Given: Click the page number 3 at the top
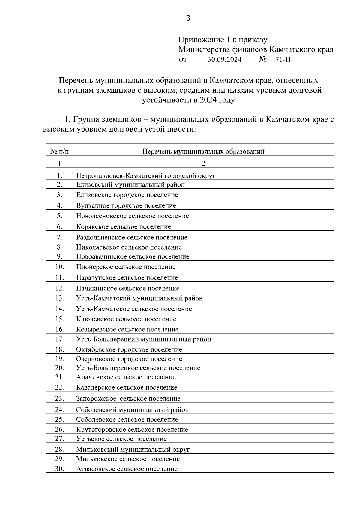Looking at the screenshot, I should tap(188, 19).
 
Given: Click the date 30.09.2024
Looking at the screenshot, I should tap(224, 60).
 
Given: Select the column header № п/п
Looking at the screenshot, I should tap(59, 151).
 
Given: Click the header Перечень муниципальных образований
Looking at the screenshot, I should tap(203, 151).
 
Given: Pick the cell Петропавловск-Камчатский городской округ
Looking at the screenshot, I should tap(146, 176).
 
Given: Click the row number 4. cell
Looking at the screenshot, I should tap(59, 205).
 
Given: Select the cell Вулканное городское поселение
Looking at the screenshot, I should tap(126, 206).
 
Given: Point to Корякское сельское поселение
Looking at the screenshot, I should tap(124, 227).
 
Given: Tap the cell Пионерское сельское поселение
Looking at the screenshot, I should tap(126, 267).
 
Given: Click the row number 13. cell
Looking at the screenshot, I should tap(59, 298).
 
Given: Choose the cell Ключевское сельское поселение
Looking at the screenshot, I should tap(126, 319).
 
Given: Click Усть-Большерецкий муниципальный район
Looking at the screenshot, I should tap(144, 339).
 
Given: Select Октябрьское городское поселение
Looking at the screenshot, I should tap(129, 350).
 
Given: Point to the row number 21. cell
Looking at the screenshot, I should tap(59, 377).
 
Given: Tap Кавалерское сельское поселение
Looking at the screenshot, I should tap(127, 388).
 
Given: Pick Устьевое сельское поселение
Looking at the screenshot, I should tap(121, 439).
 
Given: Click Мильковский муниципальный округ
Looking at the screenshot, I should tap(133, 450).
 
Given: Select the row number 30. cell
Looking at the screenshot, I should tap(59, 469).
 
